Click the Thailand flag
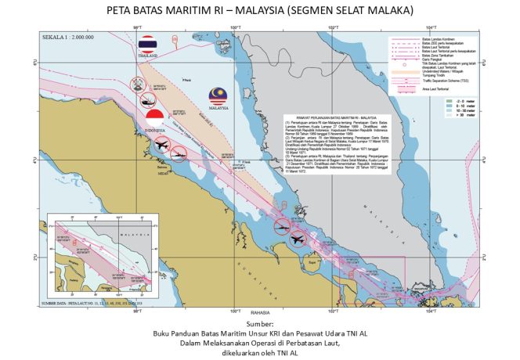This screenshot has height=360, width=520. pos(147,45)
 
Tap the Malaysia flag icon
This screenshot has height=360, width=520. pos(218,96)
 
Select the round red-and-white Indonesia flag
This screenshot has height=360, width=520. pos(155,118)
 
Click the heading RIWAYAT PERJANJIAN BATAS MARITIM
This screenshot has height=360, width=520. pos(339,117)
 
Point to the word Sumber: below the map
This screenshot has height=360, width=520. pos(260,322)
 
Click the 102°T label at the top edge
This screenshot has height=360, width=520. pos(332,30)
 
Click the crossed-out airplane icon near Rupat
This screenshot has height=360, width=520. pos(298,238)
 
